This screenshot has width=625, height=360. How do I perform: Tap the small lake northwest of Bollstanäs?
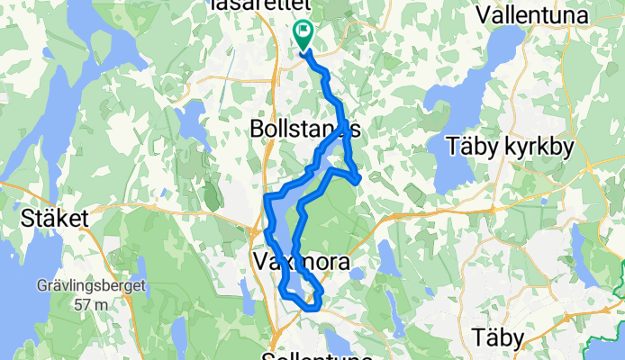coord(191,116)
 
